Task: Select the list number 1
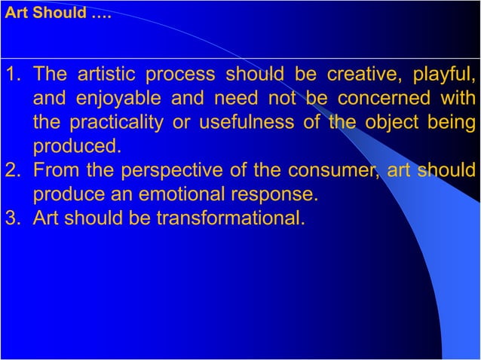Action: click(x=13, y=75)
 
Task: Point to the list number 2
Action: click(x=13, y=169)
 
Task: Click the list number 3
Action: click(x=13, y=218)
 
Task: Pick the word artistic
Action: click(x=103, y=75)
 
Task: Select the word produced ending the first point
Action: click(x=75, y=146)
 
